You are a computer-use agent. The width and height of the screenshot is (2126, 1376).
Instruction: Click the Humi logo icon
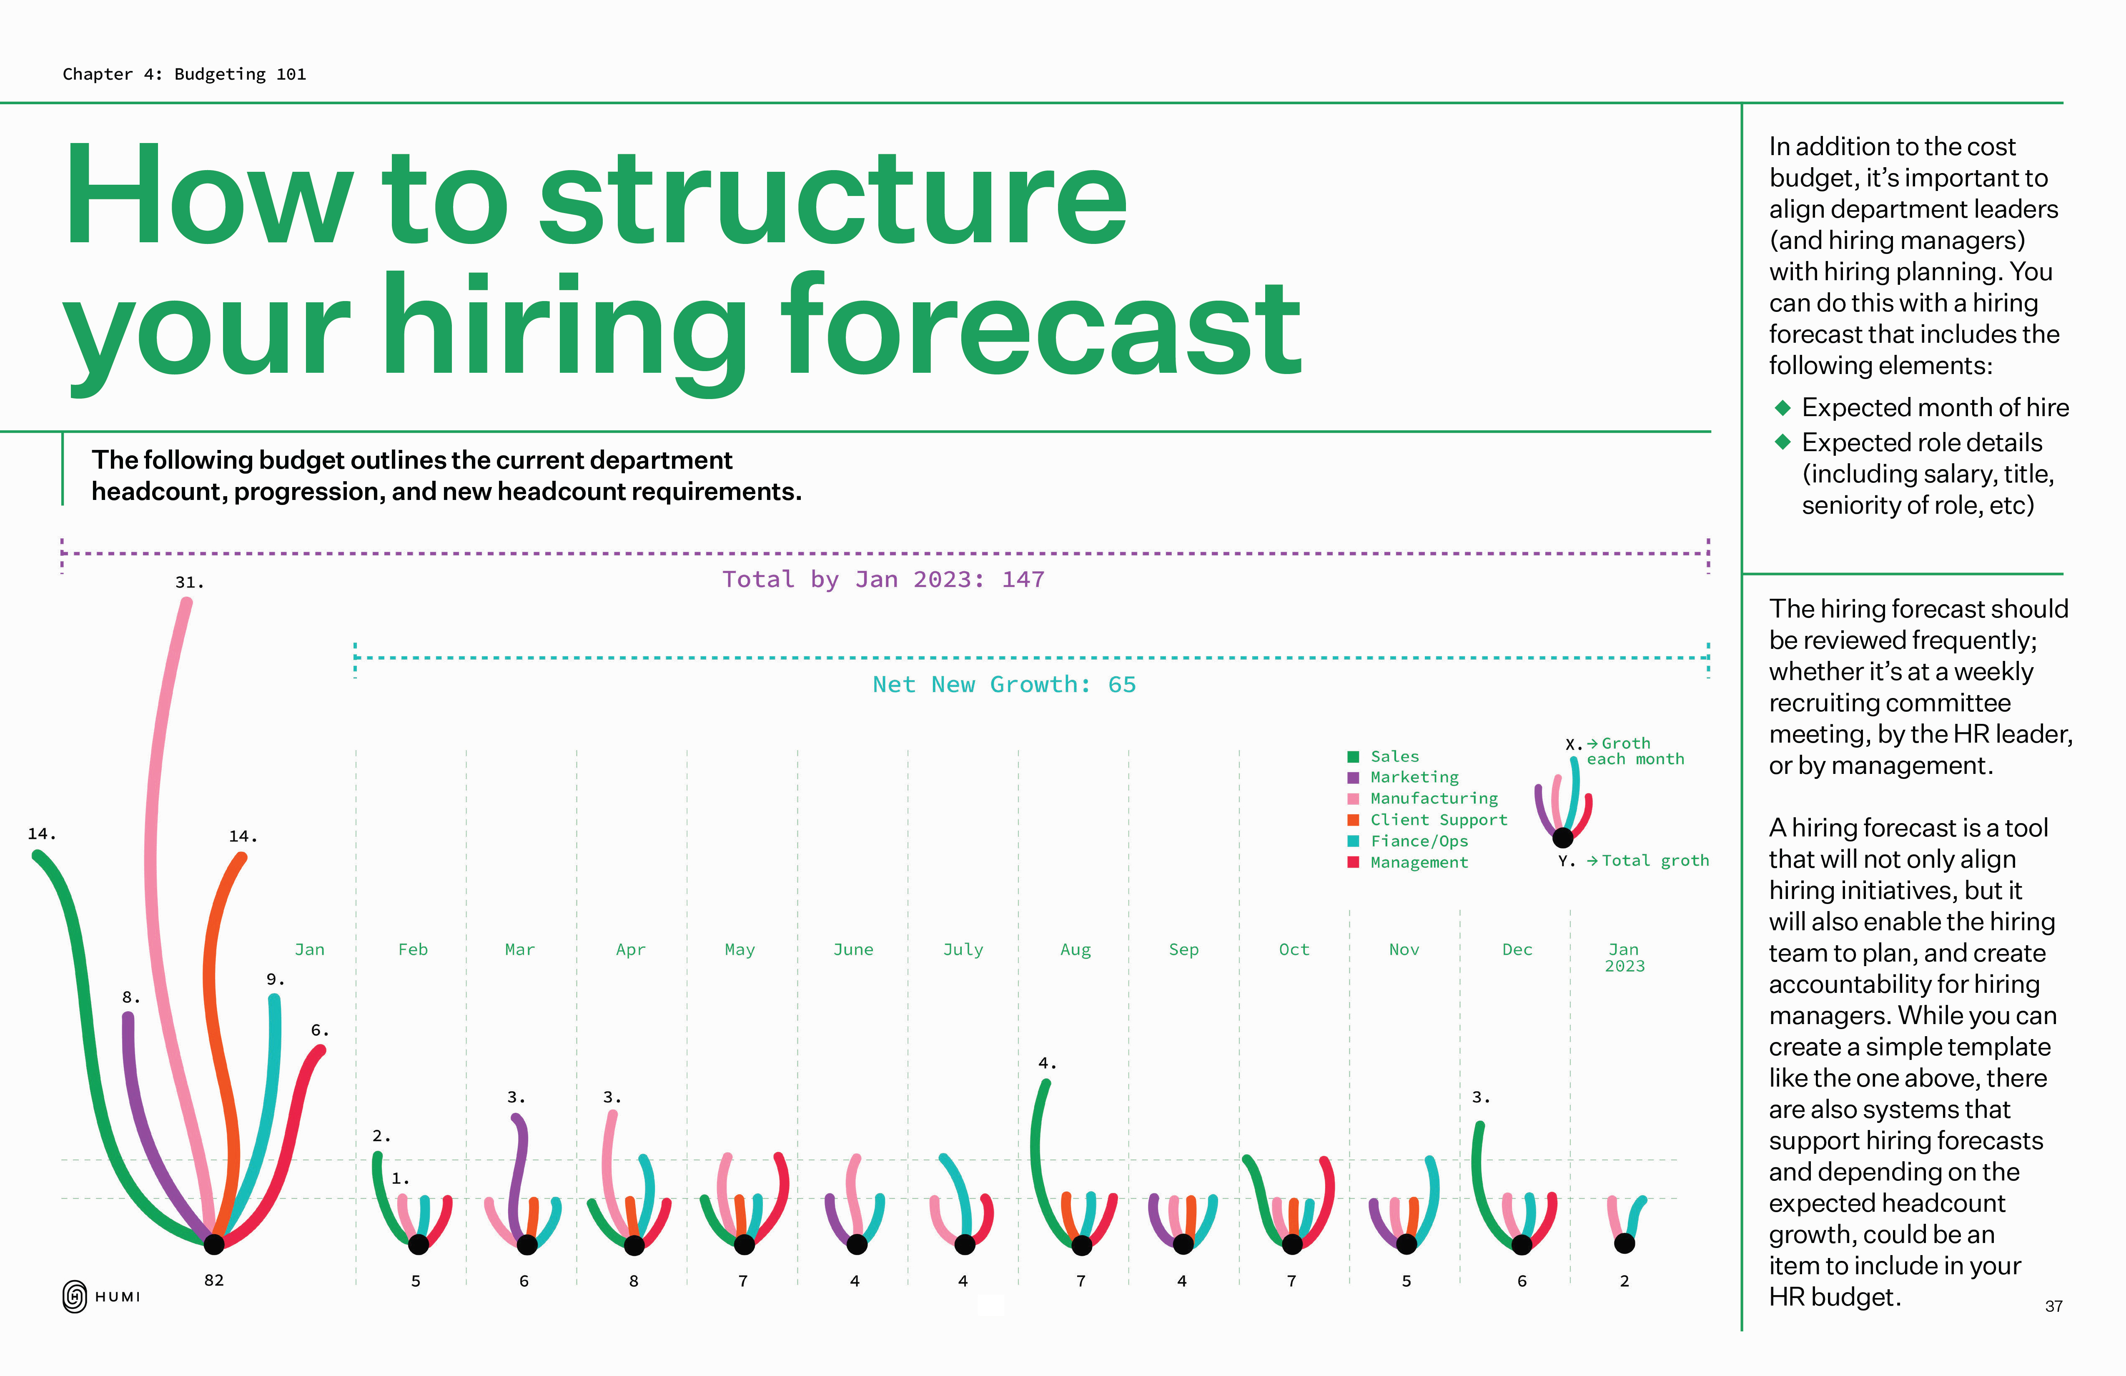point(75,1296)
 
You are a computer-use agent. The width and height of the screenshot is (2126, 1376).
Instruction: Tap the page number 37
point(2053,1306)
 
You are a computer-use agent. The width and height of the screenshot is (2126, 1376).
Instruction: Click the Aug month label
point(1076,950)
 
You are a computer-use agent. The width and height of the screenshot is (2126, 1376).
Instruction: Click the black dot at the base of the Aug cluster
point(1082,1245)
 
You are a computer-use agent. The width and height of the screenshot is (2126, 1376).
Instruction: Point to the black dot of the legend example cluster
point(1562,837)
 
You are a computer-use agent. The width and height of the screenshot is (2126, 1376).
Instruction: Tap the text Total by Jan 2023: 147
point(883,580)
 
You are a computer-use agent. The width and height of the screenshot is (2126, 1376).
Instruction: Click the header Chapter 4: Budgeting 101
point(184,74)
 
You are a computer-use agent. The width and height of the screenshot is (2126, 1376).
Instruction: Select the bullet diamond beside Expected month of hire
point(1783,407)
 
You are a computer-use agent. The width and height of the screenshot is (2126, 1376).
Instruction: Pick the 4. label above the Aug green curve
point(1047,1063)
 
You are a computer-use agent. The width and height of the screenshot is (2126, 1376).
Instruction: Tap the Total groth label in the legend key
point(1655,861)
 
